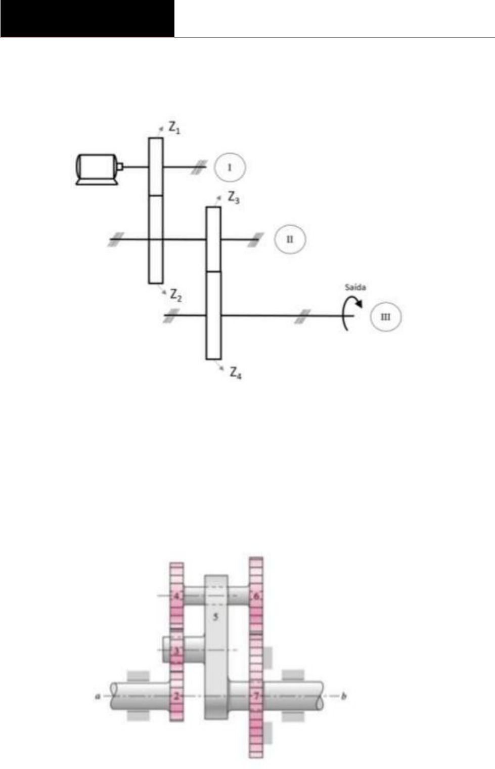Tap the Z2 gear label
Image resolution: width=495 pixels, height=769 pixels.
tap(176, 295)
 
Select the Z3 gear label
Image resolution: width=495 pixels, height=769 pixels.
tap(234, 198)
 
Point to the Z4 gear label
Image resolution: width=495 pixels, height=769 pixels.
tap(236, 373)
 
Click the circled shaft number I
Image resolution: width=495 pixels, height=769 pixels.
tap(230, 167)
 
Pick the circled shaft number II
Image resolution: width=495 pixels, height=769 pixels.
tap(290, 239)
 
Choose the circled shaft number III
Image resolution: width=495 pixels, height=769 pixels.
tap(386, 317)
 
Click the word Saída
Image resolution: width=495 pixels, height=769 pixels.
tap(355, 287)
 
